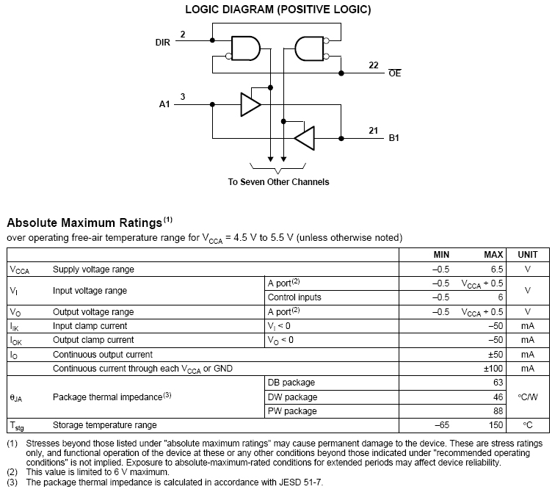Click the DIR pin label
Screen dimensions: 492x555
pyautogui.click(x=162, y=43)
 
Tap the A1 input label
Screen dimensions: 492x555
pyautogui.click(x=164, y=105)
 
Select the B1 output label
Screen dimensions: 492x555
pyautogui.click(x=394, y=137)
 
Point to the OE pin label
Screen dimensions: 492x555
pyautogui.click(x=395, y=73)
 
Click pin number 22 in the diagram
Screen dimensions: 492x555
pyautogui.click(x=373, y=65)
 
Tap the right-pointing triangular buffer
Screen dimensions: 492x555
pyautogui.click(x=250, y=105)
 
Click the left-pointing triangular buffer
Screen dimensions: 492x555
pyautogui.click(x=304, y=137)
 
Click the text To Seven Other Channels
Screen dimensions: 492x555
pyautogui.click(x=278, y=182)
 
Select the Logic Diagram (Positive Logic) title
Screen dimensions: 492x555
pyautogui.click(x=277, y=10)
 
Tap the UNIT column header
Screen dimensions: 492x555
pyautogui.click(x=527, y=254)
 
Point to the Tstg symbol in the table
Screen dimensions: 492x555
pyautogui.click(x=18, y=426)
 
